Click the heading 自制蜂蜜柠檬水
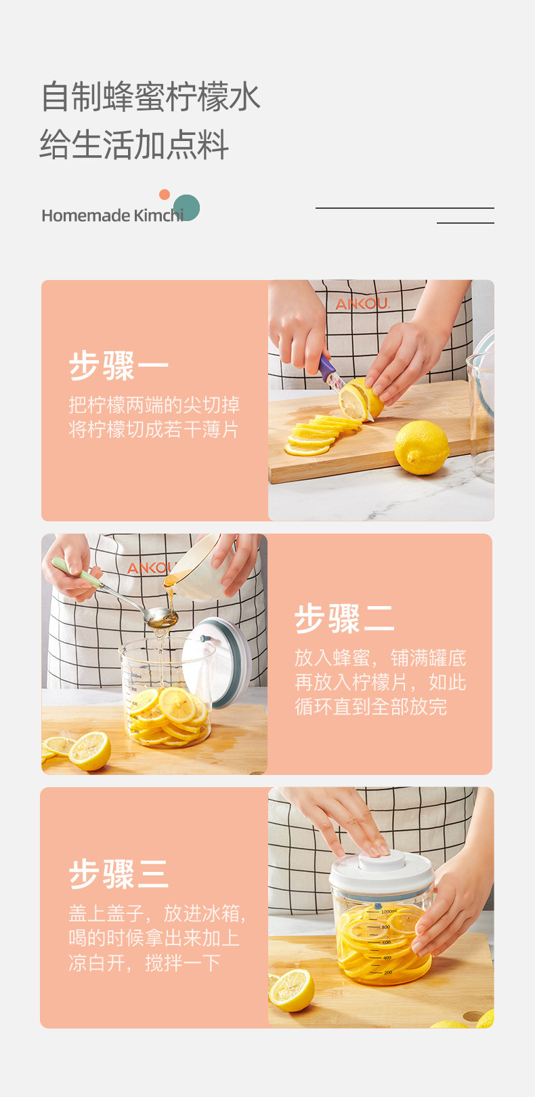150,96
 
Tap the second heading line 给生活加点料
134,144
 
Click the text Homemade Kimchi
112,216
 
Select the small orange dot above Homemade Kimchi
164,195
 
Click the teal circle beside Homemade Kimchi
187,207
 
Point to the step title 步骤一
119,366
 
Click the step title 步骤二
344,618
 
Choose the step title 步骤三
119,873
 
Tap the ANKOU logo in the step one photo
362,304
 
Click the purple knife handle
327,369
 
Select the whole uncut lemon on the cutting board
421,447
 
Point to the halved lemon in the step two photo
89,751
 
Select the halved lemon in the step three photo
292,990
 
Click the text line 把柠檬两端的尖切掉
154,405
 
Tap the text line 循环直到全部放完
370,706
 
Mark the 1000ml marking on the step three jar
389,912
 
